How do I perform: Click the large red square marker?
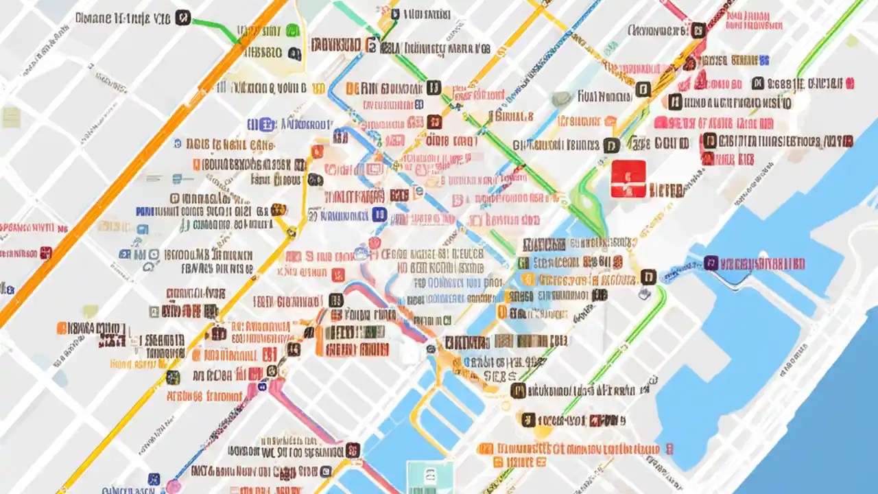pos(628,179)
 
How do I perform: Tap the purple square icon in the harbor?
pos(711,263)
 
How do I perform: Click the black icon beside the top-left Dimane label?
pos(182,17)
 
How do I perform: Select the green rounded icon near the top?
pos(292,30)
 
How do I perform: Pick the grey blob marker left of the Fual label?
pos(561,99)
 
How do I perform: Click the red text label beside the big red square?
pos(667,190)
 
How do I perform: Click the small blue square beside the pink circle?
pos(154,479)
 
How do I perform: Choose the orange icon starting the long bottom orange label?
pos(486,449)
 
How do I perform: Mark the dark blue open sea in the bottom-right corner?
pos(823,439)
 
